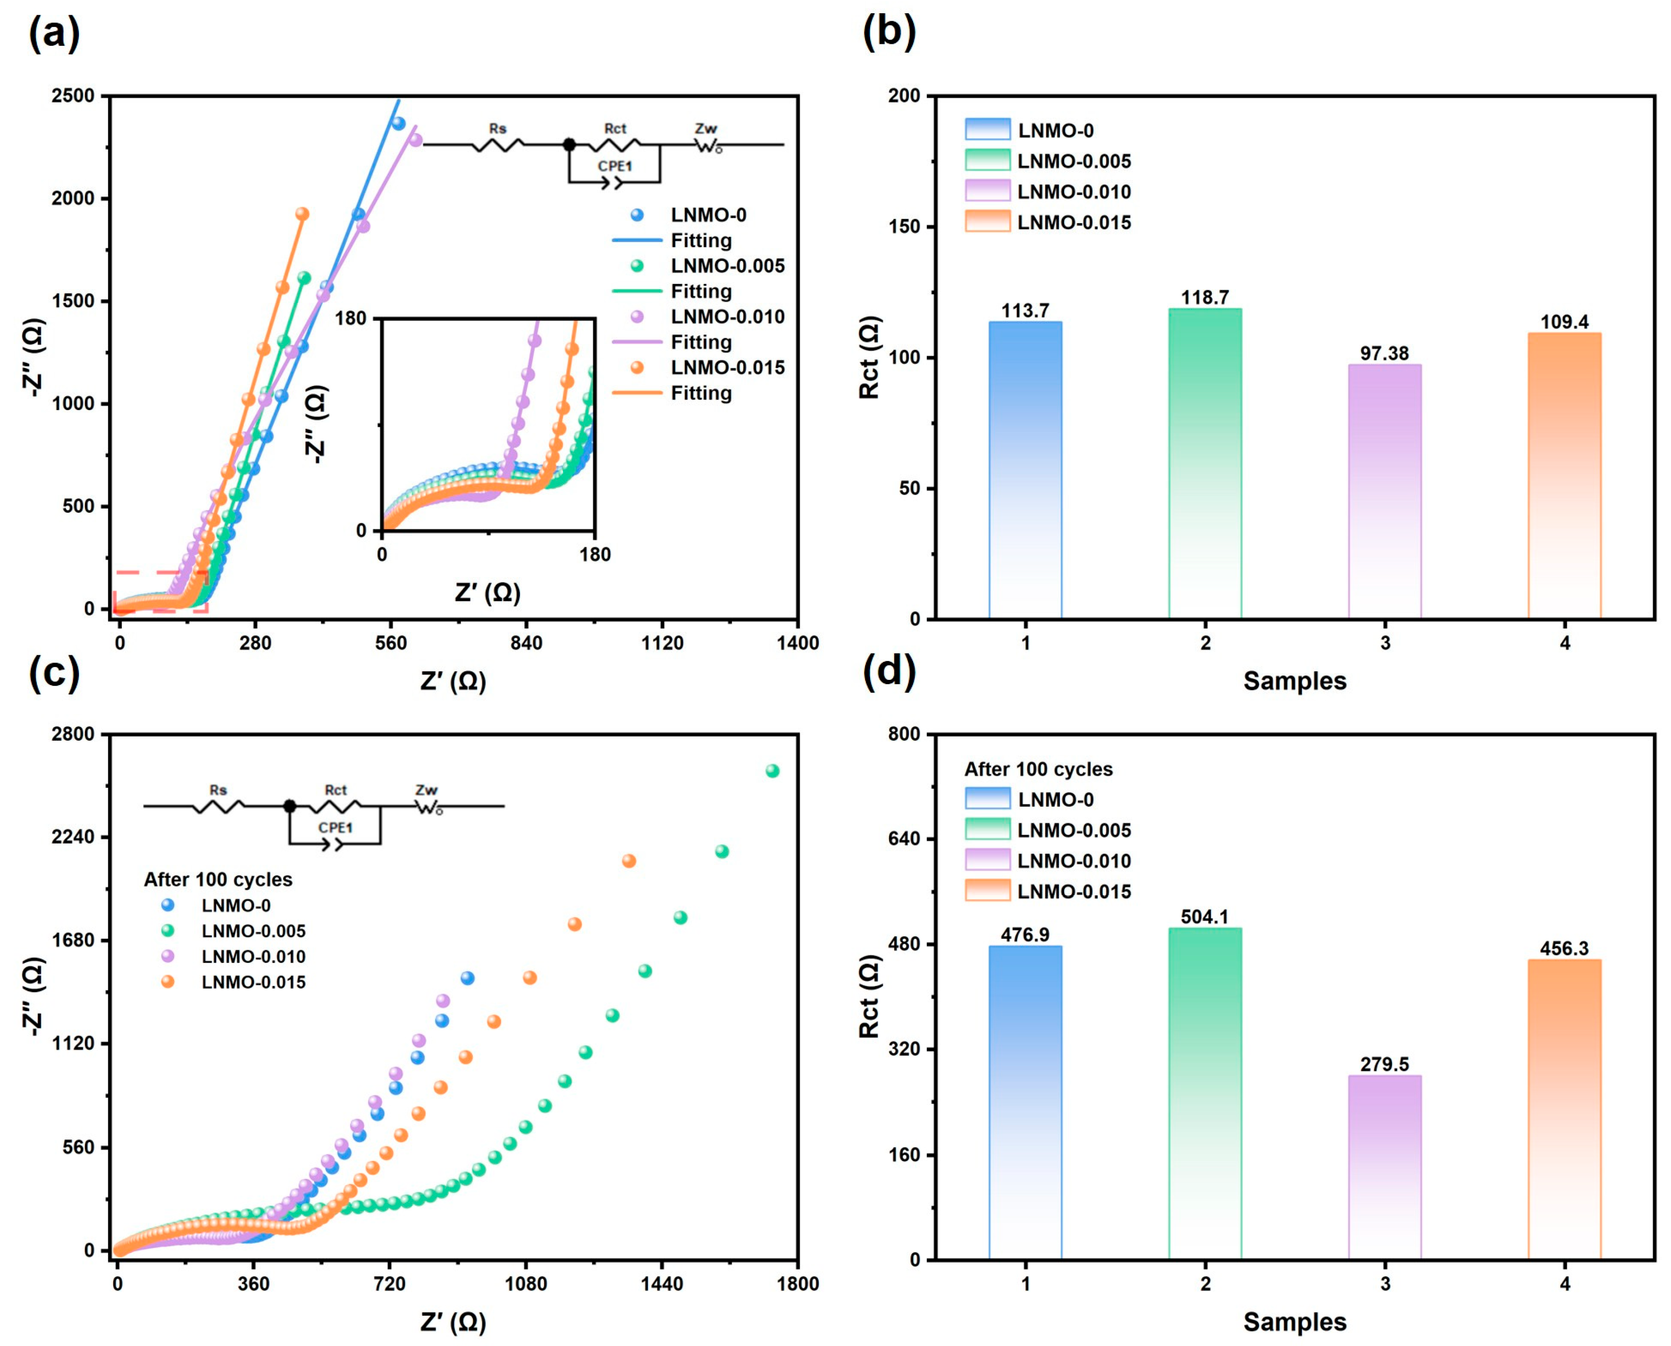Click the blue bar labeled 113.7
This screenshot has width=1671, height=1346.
coord(1024,469)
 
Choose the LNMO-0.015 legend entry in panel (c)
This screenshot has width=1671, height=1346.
coord(253,982)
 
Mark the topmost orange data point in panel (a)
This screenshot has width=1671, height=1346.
coord(302,214)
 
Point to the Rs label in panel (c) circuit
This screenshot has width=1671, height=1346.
coord(218,790)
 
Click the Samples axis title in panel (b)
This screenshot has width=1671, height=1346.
coord(1293,681)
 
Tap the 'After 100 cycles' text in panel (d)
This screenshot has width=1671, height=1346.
coord(1038,769)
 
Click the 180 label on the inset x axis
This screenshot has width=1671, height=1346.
coord(595,554)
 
